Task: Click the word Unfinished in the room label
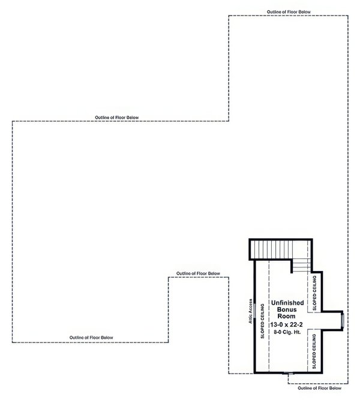(x=287, y=304)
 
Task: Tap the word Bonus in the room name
(x=287, y=310)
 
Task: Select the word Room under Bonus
(x=287, y=317)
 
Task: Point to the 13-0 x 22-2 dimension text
(x=287, y=324)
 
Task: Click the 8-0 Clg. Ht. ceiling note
(x=287, y=331)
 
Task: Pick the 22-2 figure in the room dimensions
(x=298, y=324)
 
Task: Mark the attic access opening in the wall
(x=255, y=312)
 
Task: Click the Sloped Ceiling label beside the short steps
(x=314, y=292)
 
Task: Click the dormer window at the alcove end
(x=341, y=320)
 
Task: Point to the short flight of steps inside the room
(x=300, y=264)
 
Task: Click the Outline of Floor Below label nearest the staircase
(x=198, y=273)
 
